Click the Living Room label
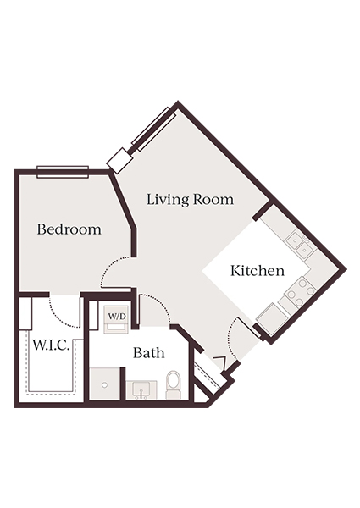pos(190,200)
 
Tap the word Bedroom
pos(69,229)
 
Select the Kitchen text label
pos(257,271)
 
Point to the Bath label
pos(147,353)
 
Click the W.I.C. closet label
pos(53,345)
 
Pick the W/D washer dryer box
pos(116,317)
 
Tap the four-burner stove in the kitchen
pos(297,292)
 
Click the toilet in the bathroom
pos(174,384)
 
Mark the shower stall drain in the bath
pos(104,384)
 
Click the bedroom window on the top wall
pos(63,171)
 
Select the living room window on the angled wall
pos(152,130)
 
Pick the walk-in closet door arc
pos(64,311)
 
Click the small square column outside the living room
pos(119,160)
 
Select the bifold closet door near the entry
pos(206,375)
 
